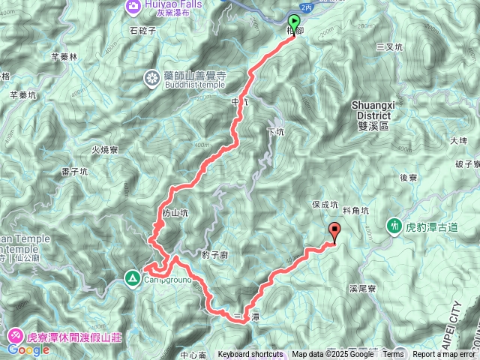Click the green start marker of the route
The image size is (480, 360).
click(x=293, y=22)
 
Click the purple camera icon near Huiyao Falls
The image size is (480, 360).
click(x=134, y=5)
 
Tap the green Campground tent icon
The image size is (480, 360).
click(x=132, y=278)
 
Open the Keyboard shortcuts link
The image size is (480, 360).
click(x=250, y=355)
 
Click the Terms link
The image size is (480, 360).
click(x=393, y=355)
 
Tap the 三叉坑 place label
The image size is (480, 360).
click(x=388, y=46)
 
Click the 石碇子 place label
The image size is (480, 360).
click(x=142, y=31)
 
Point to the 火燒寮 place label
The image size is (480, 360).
click(x=105, y=150)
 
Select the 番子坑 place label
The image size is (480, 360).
click(x=75, y=172)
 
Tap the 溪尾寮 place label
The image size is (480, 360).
click(x=363, y=288)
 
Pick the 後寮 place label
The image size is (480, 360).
click(x=408, y=178)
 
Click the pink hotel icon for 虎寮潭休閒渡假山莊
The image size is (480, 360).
click(x=16, y=335)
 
